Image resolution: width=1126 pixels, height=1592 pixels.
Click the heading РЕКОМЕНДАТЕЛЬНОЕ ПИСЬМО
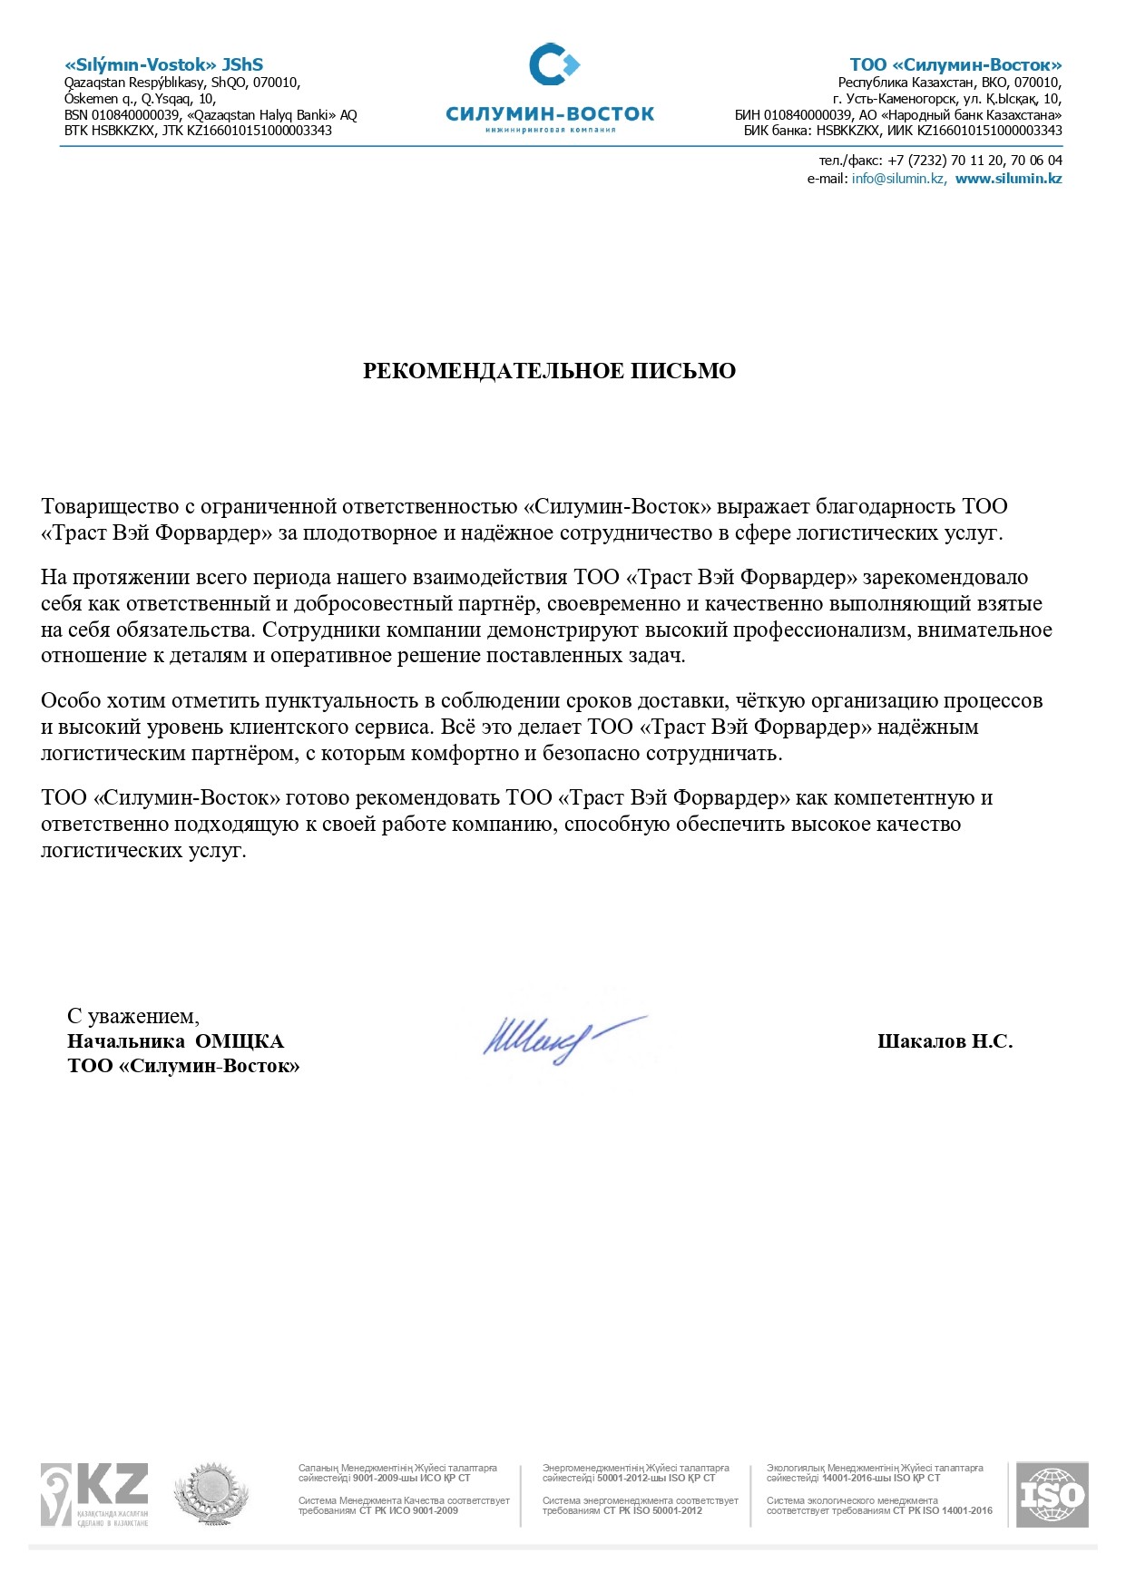click(x=549, y=370)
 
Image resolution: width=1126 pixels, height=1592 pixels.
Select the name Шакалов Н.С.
click(x=945, y=1041)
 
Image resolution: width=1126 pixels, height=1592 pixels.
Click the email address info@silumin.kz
click(x=898, y=179)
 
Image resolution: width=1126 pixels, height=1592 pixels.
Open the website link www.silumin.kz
click(x=1008, y=179)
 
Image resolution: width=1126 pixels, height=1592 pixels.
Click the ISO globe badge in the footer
click(x=1052, y=1495)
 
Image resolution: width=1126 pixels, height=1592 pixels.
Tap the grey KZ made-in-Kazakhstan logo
click(x=93, y=1495)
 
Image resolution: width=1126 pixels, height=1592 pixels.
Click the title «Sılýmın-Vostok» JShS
click(x=163, y=64)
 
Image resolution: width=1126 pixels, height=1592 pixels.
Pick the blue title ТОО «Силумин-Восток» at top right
click(x=955, y=64)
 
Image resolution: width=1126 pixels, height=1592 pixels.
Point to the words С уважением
click(x=132, y=1016)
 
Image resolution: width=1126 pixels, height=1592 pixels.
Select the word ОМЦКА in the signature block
click(x=240, y=1041)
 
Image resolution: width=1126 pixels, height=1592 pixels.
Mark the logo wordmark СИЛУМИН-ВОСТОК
click(x=550, y=114)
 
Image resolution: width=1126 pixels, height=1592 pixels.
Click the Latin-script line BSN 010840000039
click(x=122, y=115)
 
